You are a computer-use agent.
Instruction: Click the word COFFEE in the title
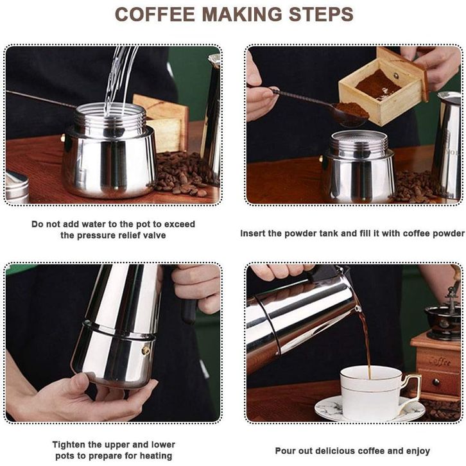pos(155,14)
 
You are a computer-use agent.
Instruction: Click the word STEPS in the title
pos(322,14)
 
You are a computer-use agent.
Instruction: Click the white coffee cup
pos(372,392)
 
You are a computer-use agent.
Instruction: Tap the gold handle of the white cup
pos(413,390)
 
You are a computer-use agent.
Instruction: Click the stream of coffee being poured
pos(366,341)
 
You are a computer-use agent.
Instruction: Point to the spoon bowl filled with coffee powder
pos(352,114)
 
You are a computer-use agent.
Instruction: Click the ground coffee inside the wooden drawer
pos(377,84)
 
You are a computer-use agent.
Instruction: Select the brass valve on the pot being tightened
pos(146,350)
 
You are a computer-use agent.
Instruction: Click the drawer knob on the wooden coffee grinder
pos(436,382)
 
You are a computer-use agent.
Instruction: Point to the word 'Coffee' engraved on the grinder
pos(440,361)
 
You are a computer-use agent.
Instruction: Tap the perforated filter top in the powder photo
pos(359,135)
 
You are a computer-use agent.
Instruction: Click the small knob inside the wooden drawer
pos(396,76)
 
